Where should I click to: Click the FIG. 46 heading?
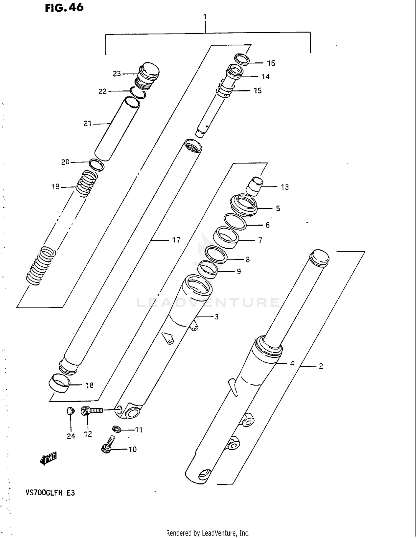[64, 8]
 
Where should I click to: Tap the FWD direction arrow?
[48, 458]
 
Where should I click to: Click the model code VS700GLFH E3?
[50, 493]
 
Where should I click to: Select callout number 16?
[271, 63]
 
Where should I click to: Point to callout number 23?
[117, 74]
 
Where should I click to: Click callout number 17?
[176, 240]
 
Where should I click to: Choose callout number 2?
[321, 366]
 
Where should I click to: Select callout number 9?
[239, 272]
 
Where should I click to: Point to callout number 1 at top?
[205, 17]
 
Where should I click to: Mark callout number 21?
[88, 124]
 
